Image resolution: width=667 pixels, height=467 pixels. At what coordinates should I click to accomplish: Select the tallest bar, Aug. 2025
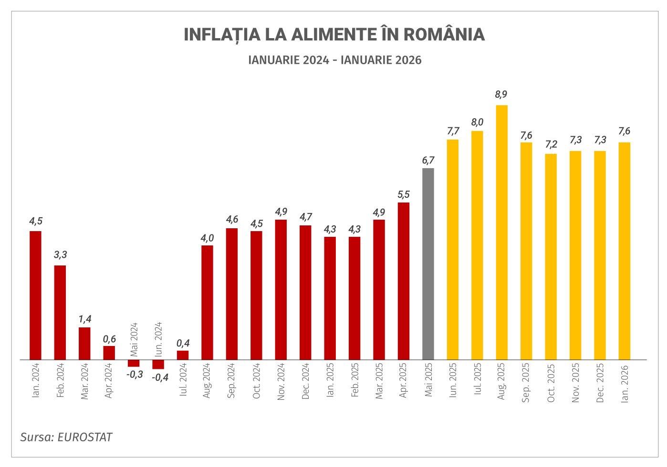pyautogui.click(x=501, y=232)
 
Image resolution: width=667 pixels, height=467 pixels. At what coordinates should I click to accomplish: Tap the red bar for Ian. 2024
pyautogui.click(x=35, y=295)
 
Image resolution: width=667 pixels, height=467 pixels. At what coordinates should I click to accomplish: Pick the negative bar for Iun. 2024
pyautogui.click(x=158, y=364)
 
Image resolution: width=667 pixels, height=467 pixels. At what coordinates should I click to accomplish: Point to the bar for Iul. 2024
pyautogui.click(x=183, y=355)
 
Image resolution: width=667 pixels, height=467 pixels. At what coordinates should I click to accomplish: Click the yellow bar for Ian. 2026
pyautogui.click(x=624, y=251)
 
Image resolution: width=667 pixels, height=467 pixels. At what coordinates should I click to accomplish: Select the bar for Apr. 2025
pyautogui.click(x=403, y=281)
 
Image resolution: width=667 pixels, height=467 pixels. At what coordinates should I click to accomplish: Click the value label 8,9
pyautogui.click(x=501, y=94)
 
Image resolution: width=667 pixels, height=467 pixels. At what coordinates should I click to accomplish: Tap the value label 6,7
pyautogui.click(x=428, y=160)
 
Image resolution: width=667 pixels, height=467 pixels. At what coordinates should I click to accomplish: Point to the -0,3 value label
pyautogui.click(x=135, y=375)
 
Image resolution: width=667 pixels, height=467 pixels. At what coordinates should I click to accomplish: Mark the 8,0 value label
pyautogui.click(x=477, y=122)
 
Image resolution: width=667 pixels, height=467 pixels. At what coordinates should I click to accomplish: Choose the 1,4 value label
pyautogui.click(x=84, y=318)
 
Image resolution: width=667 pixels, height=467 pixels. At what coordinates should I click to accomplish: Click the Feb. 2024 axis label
pyautogui.click(x=60, y=382)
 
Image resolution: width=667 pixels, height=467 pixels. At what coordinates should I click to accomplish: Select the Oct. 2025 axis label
pyautogui.click(x=551, y=383)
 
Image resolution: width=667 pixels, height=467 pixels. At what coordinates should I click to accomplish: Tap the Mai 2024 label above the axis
pyautogui.click(x=134, y=339)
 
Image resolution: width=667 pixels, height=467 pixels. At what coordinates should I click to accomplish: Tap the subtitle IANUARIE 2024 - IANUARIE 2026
pyautogui.click(x=335, y=60)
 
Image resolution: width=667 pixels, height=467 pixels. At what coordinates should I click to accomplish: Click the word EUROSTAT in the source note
pyautogui.click(x=84, y=437)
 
